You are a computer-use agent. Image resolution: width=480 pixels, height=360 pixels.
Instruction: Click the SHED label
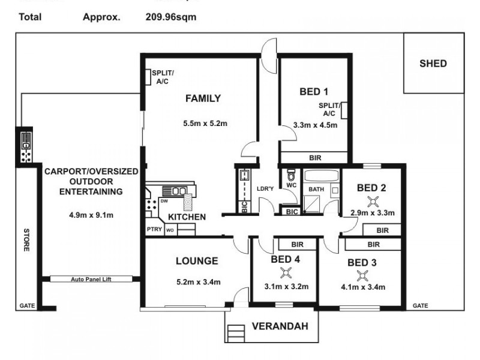coord(433,63)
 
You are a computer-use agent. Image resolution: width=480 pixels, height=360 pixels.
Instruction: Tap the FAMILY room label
coord(202,98)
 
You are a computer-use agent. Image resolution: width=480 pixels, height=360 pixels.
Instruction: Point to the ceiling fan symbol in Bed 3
coord(362,275)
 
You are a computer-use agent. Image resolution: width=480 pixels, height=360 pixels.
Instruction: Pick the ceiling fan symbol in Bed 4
coord(286,274)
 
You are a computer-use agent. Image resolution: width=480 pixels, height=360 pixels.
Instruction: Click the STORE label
coord(26,239)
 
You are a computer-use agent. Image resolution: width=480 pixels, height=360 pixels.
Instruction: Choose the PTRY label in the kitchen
coord(154,229)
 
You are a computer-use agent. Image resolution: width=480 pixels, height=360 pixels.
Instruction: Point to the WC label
coord(292,186)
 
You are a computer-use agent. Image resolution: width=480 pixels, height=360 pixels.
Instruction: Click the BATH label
coord(316,190)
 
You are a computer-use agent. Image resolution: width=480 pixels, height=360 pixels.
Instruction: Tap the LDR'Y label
coord(265,190)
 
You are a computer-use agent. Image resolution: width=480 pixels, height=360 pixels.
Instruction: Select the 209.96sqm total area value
coord(171,17)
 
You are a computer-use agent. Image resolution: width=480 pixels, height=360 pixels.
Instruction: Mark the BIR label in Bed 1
coord(314,158)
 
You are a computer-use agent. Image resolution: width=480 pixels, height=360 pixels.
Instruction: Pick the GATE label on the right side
coord(420,305)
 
